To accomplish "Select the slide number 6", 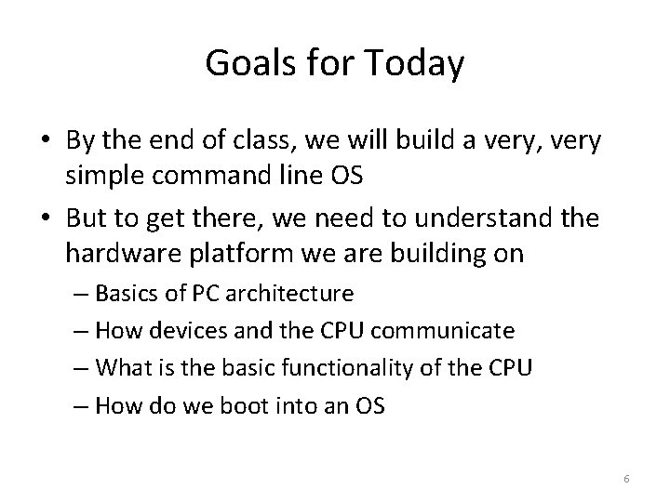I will click(627, 478).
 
